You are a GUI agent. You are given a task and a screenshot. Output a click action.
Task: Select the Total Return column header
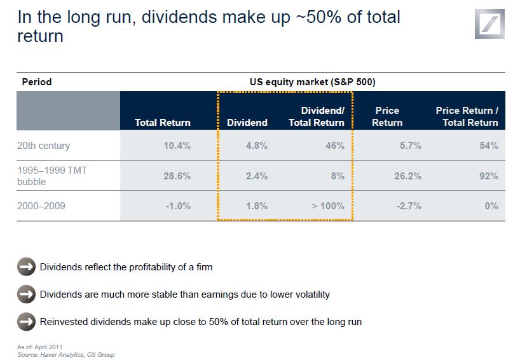point(162,123)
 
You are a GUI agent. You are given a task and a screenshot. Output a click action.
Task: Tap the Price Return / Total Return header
point(467,116)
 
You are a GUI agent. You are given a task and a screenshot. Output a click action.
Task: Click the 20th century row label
point(44,146)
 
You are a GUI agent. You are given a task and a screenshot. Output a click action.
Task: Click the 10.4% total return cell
point(177,146)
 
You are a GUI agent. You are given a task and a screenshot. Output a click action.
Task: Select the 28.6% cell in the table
point(177,176)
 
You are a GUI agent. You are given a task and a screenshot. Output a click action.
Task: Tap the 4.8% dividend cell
point(256,146)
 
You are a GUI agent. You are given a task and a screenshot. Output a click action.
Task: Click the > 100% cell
point(328,206)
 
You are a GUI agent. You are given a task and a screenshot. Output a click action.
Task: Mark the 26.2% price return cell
point(407,176)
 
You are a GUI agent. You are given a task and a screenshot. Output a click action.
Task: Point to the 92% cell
point(489,176)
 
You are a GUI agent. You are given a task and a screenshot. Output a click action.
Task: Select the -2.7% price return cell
point(409,206)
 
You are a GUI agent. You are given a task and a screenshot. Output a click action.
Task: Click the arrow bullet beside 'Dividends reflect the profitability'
point(26,267)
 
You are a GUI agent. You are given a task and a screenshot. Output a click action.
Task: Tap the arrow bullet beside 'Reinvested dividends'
point(26,322)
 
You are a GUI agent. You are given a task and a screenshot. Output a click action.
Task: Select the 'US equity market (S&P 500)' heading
point(316,82)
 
